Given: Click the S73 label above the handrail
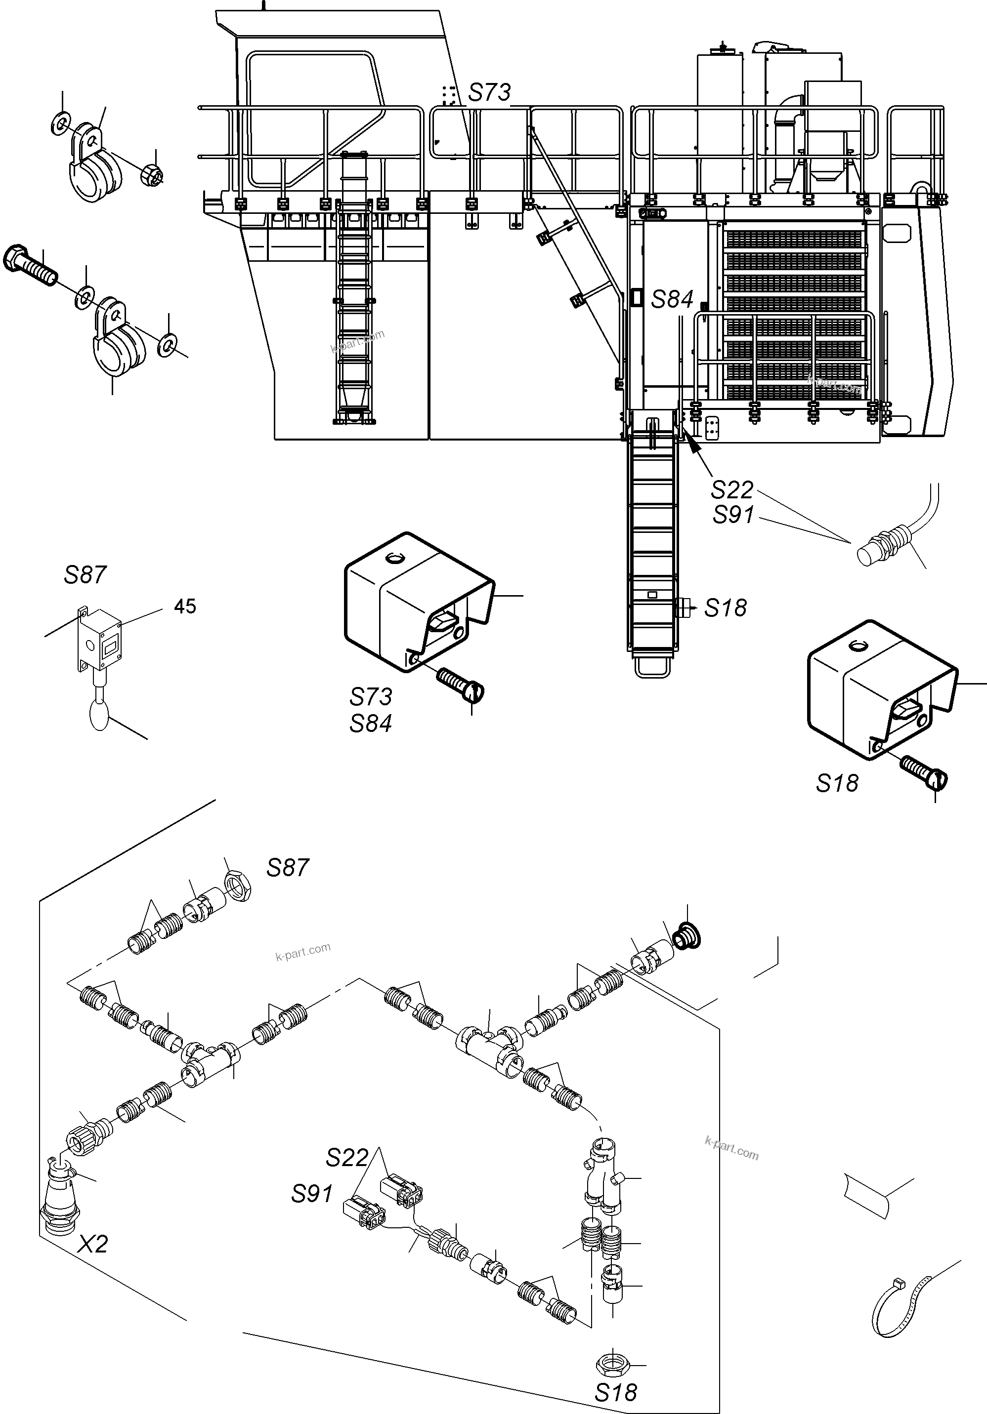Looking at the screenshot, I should click(489, 92).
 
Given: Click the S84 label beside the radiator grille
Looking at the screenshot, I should click(672, 300).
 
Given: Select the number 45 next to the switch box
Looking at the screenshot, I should click(185, 606).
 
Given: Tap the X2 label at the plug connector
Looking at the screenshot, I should click(93, 1244).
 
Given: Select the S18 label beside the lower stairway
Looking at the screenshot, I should click(725, 608).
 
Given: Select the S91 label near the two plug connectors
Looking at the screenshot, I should click(312, 1194).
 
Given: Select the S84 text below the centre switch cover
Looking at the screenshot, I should click(370, 723).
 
